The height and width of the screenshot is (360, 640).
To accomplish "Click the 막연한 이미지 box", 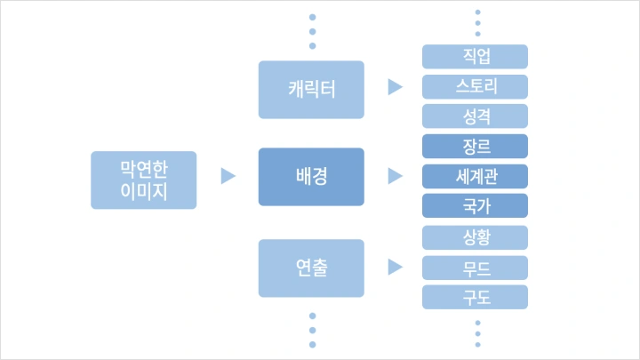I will click(x=143, y=180).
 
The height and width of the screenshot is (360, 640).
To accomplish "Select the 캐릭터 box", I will click(x=311, y=89).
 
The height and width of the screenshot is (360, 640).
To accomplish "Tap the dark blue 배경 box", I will click(x=311, y=177).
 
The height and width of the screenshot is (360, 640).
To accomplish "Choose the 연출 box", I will click(x=311, y=268).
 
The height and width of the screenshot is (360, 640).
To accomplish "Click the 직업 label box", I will click(x=476, y=57).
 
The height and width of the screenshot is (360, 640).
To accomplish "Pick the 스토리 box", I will click(x=476, y=87).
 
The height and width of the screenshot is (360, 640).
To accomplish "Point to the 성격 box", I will click(x=476, y=116).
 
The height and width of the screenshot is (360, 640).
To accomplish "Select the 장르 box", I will click(x=476, y=147).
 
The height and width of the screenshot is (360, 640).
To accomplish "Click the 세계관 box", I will click(x=476, y=176).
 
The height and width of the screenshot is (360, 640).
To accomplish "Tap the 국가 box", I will click(x=476, y=206).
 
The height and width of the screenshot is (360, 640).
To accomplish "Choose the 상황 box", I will click(x=476, y=237).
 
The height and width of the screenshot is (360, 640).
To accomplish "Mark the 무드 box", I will click(x=476, y=268).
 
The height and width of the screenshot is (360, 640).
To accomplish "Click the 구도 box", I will click(x=476, y=297).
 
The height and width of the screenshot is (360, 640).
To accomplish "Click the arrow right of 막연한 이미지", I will click(x=228, y=177).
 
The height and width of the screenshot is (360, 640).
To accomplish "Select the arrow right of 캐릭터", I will click(x=396, y=88).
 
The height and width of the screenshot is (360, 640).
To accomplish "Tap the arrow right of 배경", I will click(x=396, y=177).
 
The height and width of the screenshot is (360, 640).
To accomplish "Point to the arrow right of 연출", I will click(x=396, y=267).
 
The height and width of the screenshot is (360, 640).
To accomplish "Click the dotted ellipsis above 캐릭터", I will click(x=312, y=32).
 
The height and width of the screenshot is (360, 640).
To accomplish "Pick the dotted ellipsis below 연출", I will click(x=312, y=330).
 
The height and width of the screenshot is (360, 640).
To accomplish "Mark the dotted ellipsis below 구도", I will click(x=477, y=332).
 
